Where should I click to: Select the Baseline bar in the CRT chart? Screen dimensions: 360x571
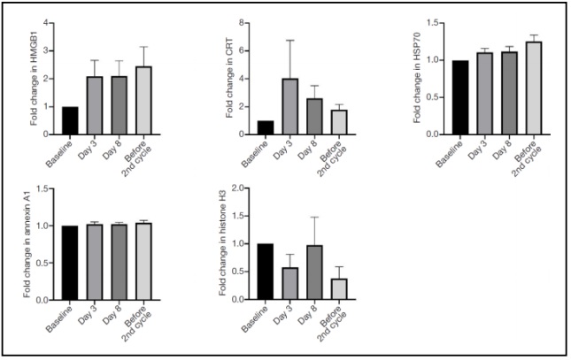[266, 127]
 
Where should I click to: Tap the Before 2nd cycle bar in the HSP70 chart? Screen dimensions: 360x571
[509, 88]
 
